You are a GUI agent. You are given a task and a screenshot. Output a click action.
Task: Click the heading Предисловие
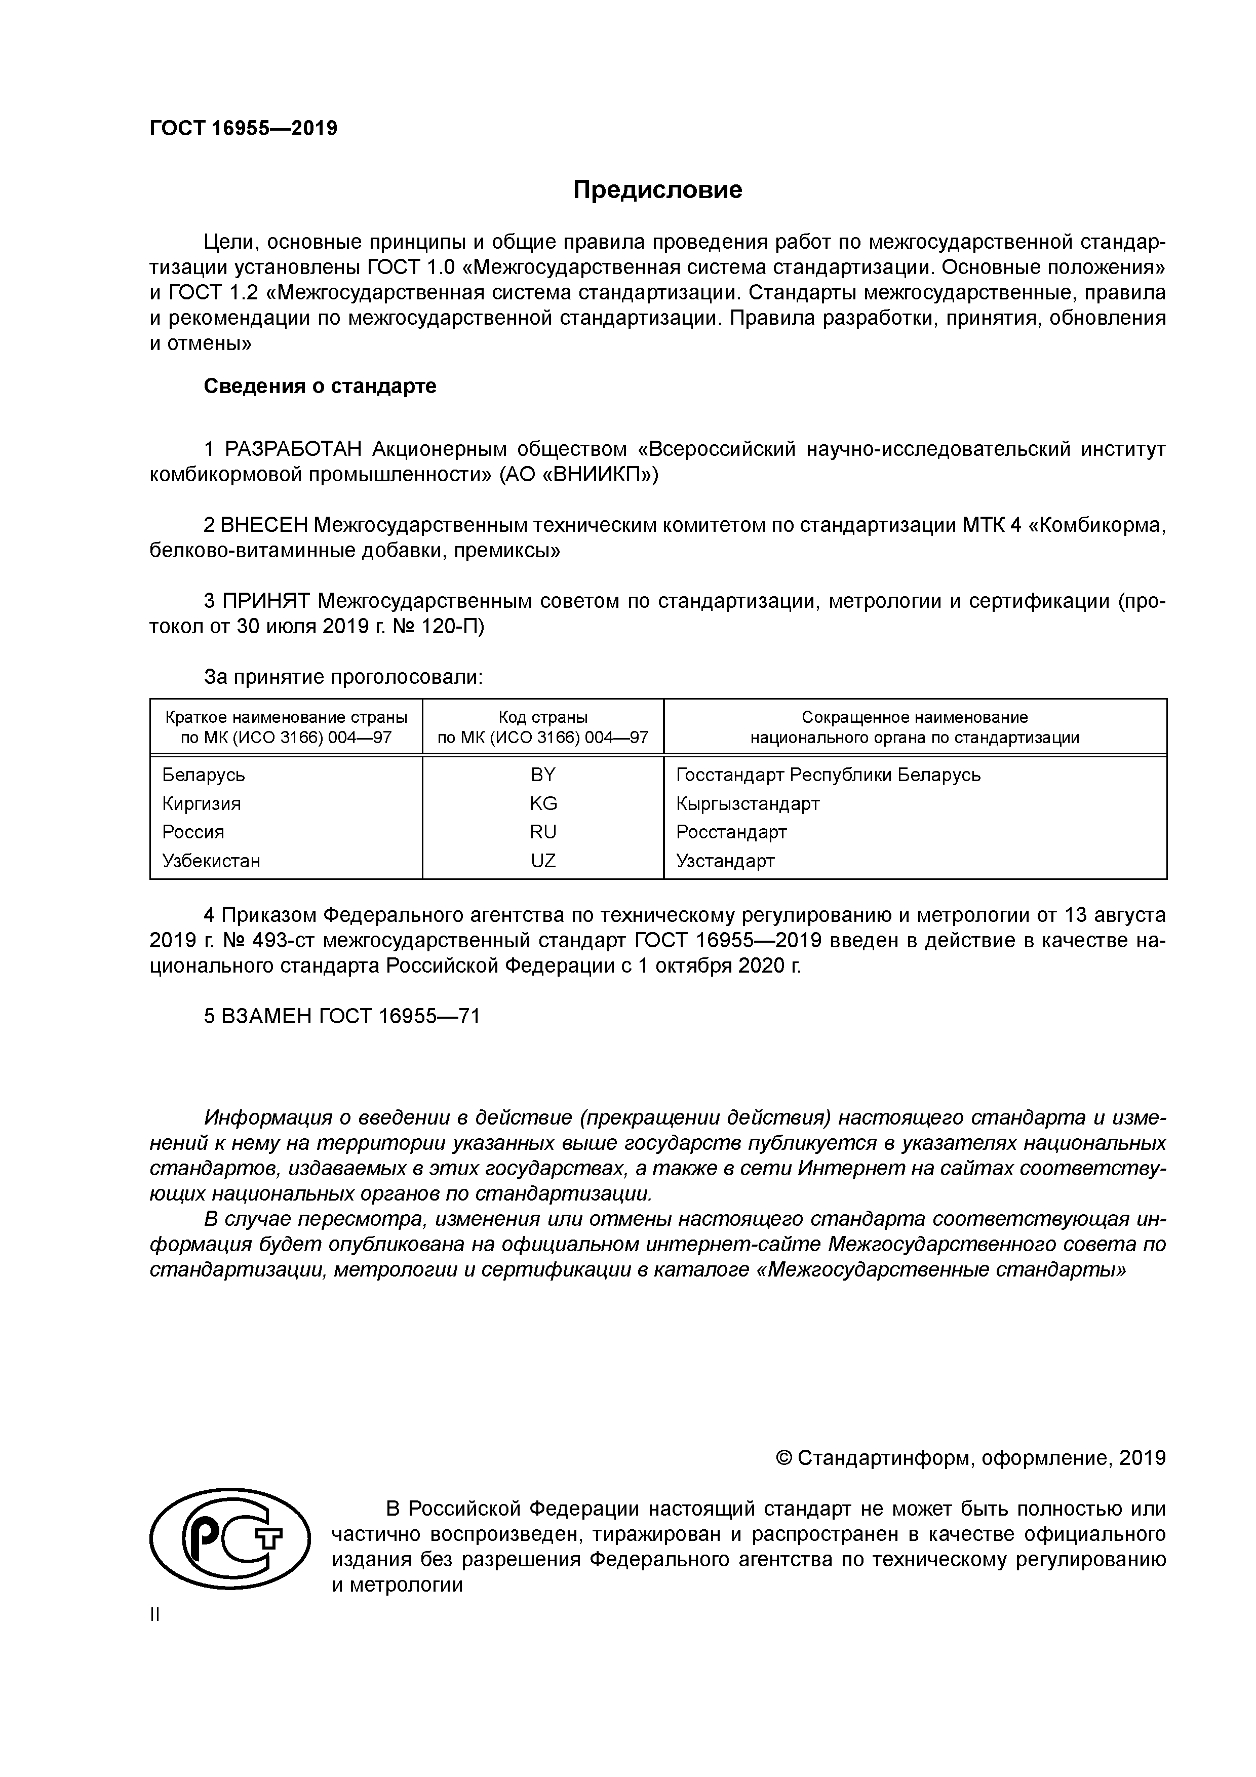(657, 189)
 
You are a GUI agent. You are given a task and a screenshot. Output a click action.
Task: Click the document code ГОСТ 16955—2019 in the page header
(243, 129)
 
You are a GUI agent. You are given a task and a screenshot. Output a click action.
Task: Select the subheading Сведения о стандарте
(320, 385)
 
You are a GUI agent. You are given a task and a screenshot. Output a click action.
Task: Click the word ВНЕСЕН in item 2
(263, 525)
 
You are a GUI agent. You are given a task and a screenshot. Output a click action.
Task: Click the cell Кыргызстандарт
(747, 803)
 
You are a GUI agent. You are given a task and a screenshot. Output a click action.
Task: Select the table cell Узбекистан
(211, 861)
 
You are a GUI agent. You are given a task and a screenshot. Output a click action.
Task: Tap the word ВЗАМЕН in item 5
(266, 1016)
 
